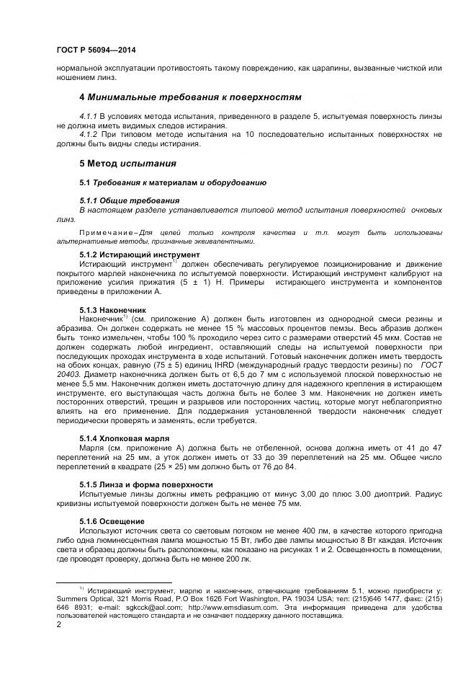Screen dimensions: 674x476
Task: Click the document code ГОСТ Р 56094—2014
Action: [x=96, y=50]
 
